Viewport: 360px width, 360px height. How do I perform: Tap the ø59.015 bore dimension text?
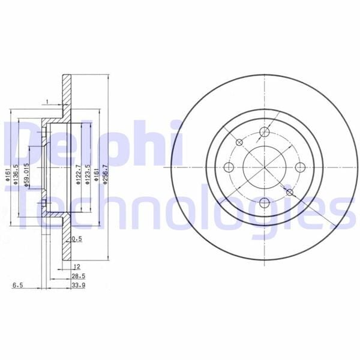(x=27, y=173)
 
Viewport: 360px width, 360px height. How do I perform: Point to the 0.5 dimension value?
(x=76, y=239)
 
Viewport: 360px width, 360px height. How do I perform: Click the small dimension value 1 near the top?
(x=46, y=102)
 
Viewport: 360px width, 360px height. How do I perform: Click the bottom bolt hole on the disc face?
(x=265, y=202)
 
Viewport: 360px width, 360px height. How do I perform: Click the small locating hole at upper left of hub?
(x=240, y=143)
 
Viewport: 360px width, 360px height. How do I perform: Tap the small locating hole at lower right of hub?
(x=289, y=193)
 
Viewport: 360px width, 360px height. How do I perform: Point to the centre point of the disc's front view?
(x=265, y=168)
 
